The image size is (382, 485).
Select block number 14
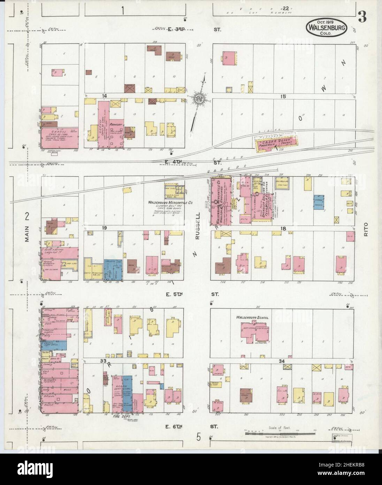pyautogui.click(x=104, y=96)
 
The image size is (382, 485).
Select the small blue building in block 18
pyautogui.click(x=319, y=202)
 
